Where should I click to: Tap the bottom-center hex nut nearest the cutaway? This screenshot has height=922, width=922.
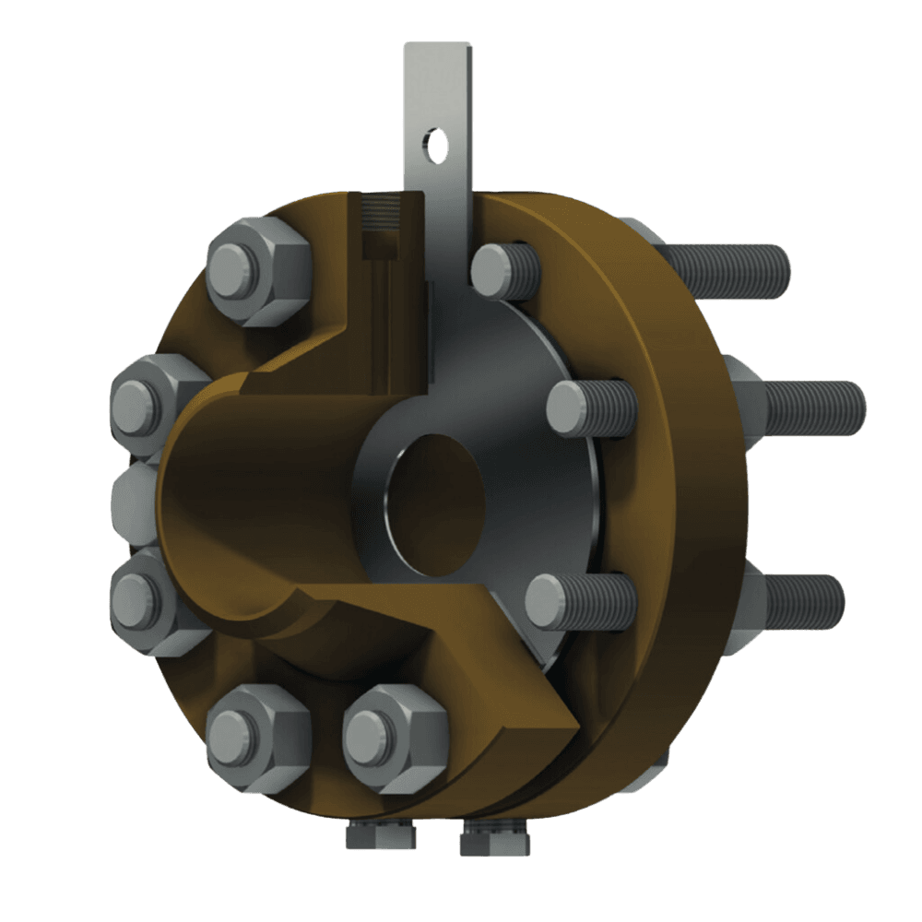(395, 737)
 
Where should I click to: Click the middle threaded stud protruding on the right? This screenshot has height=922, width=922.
(811, 406)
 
